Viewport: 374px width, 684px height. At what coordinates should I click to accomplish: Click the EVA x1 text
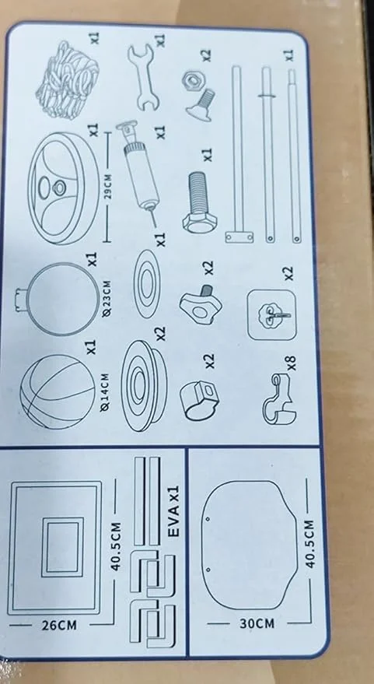point(174,514)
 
